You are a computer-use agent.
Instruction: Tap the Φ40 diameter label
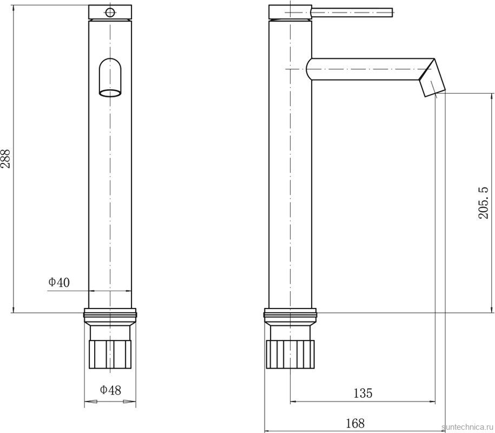[x=59, y=282]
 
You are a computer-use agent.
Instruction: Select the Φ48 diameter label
[x=110, y=390]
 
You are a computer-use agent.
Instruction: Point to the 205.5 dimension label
[x=483, y=202]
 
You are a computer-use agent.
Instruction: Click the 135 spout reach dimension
[x=362, y=393]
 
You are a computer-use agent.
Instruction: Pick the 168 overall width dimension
[x=355, y=423]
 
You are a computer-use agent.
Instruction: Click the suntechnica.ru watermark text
[x=468, y=427]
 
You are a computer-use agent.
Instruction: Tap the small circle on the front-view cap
[x=110, y=12]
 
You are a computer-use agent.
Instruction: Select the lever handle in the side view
[x=352, y=12]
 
